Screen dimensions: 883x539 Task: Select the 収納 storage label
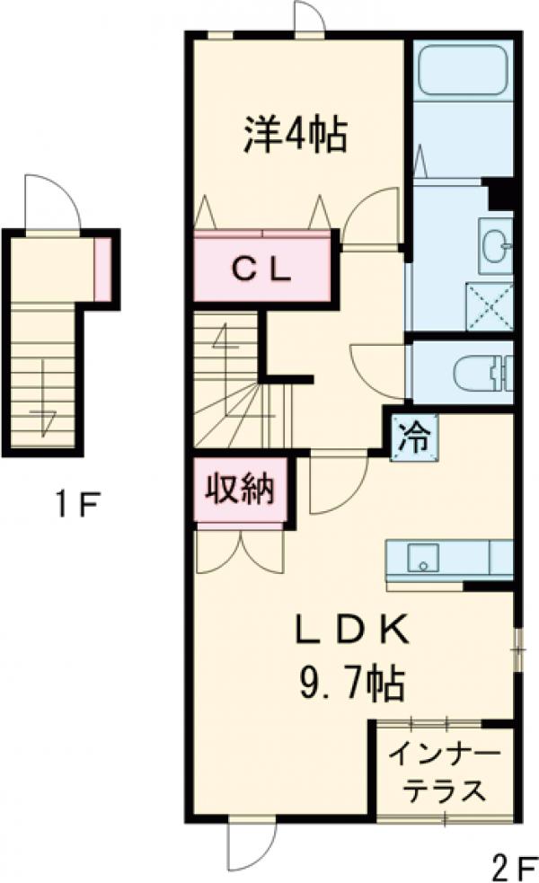point(240,490)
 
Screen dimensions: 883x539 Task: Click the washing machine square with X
point(489,305)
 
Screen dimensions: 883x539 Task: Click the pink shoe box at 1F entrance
point(103,268)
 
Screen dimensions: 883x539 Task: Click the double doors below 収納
point(240,550)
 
